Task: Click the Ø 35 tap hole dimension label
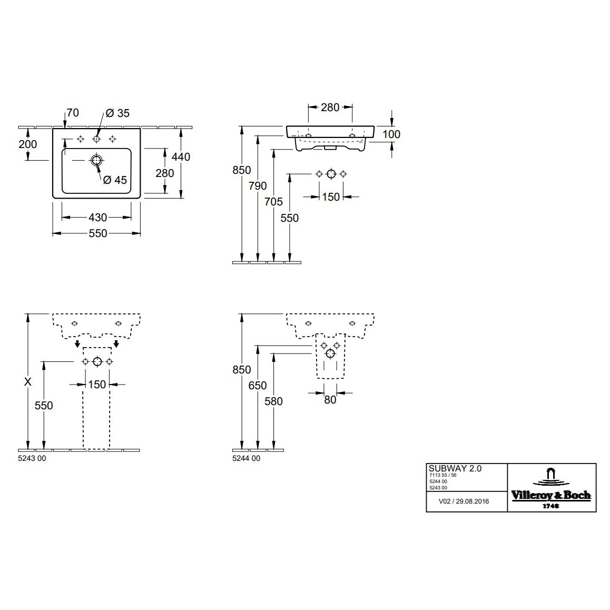coord(117,113)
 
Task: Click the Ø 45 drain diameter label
coord(115,180)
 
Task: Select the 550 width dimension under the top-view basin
coord(96,233)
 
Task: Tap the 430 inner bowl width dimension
coord(96,217)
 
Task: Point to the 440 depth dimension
coord(181,156)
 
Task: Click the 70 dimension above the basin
coord(72,113)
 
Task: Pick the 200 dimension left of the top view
coord(28,144)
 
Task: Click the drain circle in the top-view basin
coord(96,161)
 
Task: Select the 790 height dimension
coord(258,185)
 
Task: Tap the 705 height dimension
coord(274,201)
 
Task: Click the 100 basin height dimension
coord(391,134)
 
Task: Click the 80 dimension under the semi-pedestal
coord(330,400)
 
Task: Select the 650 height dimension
coord(258,385)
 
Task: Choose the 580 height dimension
coord(274,401)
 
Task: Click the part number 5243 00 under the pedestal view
coord(32,458)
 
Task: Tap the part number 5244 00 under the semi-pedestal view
coord(246,458)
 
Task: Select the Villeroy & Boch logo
coord(551,487)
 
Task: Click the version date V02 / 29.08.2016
coord(464,501)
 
